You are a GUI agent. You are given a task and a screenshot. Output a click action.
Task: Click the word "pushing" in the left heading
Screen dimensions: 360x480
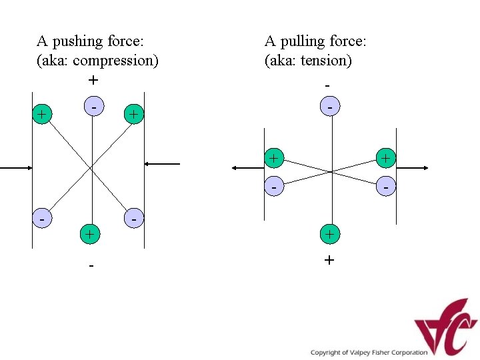79,42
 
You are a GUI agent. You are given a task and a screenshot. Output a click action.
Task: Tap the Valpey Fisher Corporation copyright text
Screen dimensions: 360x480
369,352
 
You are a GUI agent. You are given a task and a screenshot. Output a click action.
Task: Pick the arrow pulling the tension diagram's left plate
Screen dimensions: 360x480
247,168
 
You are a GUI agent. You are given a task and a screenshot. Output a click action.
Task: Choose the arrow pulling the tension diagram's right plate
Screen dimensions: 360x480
413,168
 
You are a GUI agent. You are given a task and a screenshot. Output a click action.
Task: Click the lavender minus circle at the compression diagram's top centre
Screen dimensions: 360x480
95,106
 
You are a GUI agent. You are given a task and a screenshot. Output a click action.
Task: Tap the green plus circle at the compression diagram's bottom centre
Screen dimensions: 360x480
89,234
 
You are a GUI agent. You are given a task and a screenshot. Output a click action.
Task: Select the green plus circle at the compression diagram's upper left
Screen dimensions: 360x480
42,115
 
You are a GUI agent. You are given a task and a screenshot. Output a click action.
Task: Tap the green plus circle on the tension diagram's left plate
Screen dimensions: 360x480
273,158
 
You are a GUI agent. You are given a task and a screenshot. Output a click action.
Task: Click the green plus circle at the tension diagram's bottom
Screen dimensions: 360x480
329,234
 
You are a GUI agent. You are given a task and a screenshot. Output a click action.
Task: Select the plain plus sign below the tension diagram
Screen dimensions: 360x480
329,260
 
